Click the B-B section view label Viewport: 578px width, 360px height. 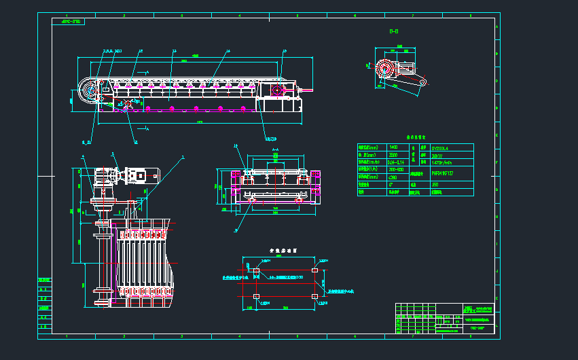coord(393,32)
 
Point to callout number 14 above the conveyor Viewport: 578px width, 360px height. coord(228,51)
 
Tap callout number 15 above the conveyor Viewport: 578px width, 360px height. coord(285,51)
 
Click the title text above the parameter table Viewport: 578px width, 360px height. coord(415,137)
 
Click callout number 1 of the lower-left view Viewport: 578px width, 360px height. coord(182,157)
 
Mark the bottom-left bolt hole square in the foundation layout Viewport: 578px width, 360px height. coord(255,296)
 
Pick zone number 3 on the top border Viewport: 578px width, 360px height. coord(181,14)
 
